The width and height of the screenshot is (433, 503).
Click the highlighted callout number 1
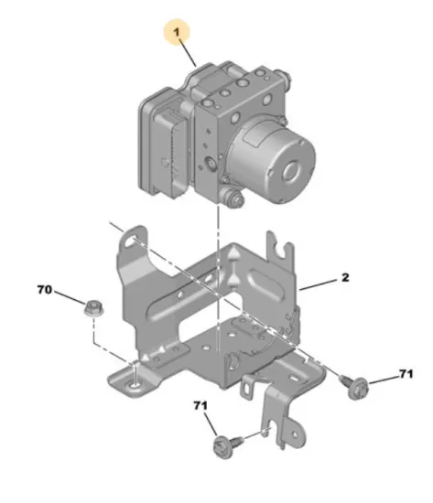[177, 32]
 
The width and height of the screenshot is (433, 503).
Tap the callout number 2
[345, 277]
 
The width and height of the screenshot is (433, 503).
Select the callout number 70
[44, 290]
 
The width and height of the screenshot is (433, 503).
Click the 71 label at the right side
[406, 374]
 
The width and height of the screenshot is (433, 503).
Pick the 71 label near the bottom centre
[200, 406]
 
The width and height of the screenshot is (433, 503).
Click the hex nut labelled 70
[92, 307]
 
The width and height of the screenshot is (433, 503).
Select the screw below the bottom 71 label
[227, 445]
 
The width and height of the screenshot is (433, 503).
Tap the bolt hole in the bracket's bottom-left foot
[135, 384]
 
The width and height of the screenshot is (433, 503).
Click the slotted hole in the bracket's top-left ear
[131, 241]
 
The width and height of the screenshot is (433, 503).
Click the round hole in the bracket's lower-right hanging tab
[294, 434]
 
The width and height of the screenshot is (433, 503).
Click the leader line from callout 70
[70, 297]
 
